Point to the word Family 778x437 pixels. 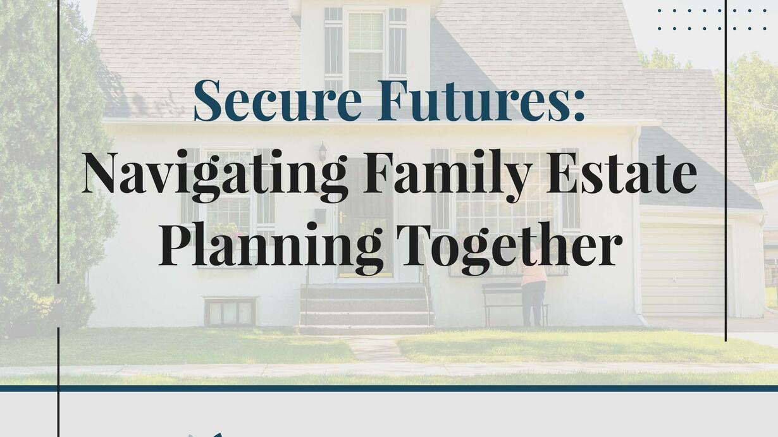(x=447, y=176)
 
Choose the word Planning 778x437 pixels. (x=271, y=248)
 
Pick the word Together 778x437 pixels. (x=510, y=248)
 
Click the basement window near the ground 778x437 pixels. (x=230, y=311)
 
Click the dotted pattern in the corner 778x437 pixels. (x=712, y=20)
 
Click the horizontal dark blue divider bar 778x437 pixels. (x=389, y=388)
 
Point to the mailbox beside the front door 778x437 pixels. (x=320, y=216)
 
